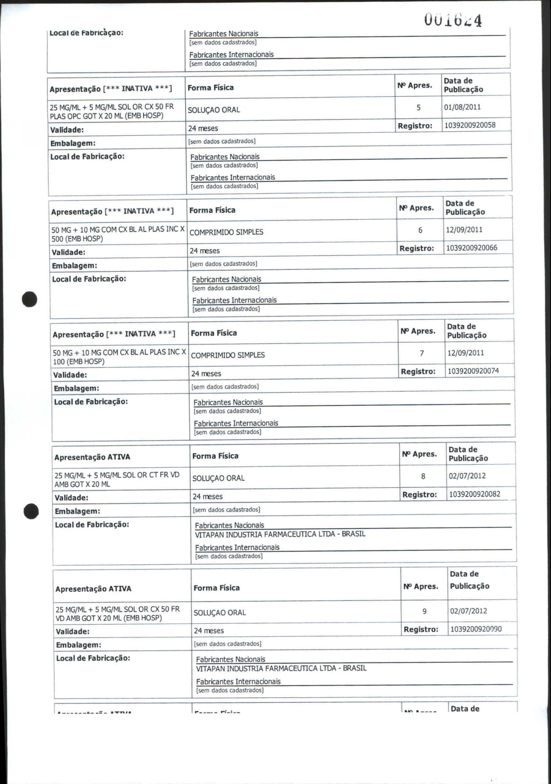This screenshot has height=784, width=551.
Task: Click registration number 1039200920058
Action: (x=470, y=125)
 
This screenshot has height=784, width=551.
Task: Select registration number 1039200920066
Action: (x=471, y=248)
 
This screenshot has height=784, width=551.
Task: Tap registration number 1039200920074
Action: (x=473, y=371)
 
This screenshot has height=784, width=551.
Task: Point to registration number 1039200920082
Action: (x=475, y=494)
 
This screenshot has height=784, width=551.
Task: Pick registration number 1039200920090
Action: (x=476, y=629)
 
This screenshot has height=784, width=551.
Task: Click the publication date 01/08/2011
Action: (x=462, y=107)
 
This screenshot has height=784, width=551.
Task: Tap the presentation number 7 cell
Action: (x=422, y=354)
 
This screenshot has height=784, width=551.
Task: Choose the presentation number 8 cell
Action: (x=423, y=476)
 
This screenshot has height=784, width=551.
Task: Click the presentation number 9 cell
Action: (x=424, y=611)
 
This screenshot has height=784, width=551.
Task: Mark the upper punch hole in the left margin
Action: (x=30, y=299)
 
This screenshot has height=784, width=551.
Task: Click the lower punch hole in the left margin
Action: (x=31, y=511)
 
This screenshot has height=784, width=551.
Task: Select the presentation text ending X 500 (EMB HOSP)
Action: (x=118, y=234)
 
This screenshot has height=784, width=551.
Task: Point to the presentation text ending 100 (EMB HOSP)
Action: (x=119, y=357)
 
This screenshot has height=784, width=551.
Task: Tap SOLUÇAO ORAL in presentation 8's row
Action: (x=218, y=478)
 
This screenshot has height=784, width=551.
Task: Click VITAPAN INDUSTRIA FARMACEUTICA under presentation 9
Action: (x=281, y=668)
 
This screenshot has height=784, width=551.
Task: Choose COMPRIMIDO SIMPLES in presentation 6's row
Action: (x=226, y=232)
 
